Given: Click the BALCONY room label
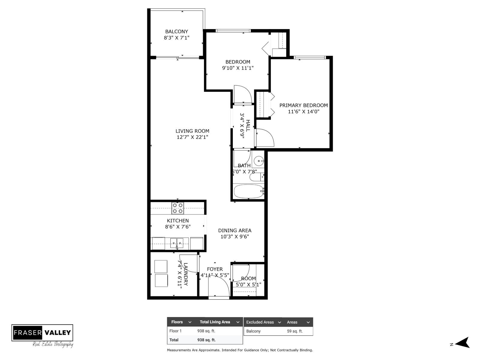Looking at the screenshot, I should tap(176, 31).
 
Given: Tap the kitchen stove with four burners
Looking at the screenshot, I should tap(178, 208).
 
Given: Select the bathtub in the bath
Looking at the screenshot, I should tap(248, 191).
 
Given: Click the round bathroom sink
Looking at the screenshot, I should tap(258, 161).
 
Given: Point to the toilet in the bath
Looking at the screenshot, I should tap(256, 177).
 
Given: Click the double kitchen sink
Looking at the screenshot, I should tap(177, 242).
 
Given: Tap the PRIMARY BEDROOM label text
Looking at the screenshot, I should tap(303, 105).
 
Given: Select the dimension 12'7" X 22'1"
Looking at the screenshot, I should tap(192, 137).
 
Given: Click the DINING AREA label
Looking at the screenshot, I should tap(235, 230).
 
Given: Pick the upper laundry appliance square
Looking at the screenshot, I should tap(161, 266).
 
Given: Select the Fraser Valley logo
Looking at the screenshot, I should tap(42, 333).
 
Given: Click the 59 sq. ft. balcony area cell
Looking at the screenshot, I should tap(295, 331).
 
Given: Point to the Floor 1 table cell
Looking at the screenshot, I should tap(175, 331).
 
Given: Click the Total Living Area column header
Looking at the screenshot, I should tap(215, 322).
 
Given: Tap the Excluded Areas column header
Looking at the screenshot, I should tap(260, 322).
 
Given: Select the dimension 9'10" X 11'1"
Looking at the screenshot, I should tap(238, 68).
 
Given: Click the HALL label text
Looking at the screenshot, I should tap(248, 125).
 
